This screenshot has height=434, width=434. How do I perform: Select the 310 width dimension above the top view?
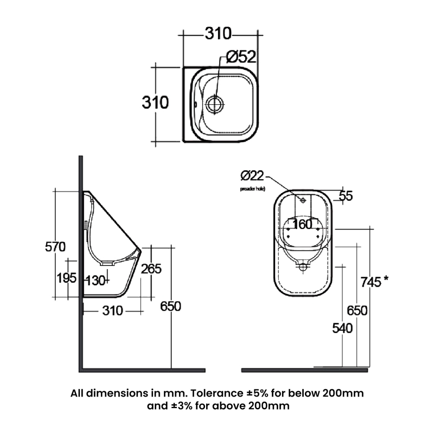pyautogui.click(x=218, y=34)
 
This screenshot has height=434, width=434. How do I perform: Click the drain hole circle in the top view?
pyautogui.click(x=215, y=103)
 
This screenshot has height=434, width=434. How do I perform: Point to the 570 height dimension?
pyautogui.click(x=55, y=247)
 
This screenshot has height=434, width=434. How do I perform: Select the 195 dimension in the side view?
pyautogui.click(x=67, y=278)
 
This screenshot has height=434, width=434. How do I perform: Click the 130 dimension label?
pyautogui.click(x=95, y=280)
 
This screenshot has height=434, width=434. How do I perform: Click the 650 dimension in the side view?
pyautogui.click(x=170, y=306)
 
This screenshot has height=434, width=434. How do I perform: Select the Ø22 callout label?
pyautogui.click(x=252, y=175)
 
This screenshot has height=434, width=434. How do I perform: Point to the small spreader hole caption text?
pyautogui.click(x=252, y=189)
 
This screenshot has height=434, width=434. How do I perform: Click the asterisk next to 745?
pyautogui.click(x=386, y=279)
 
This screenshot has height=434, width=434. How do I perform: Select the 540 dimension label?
pyautogui.click(x=342, y=328)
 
